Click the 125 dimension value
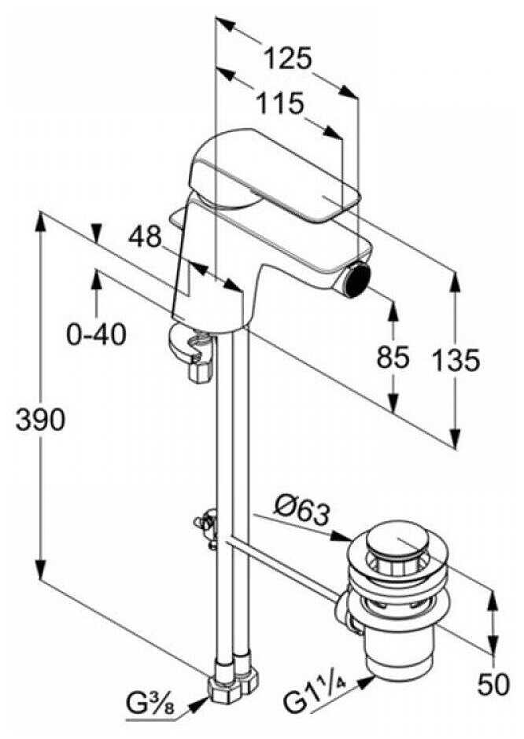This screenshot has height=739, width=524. pyautogui.click(x=287, y=57)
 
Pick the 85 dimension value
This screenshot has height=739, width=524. pyautogui.click(x=393, y=358)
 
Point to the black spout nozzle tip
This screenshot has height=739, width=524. pyautogui.click(x=361, y=278)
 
